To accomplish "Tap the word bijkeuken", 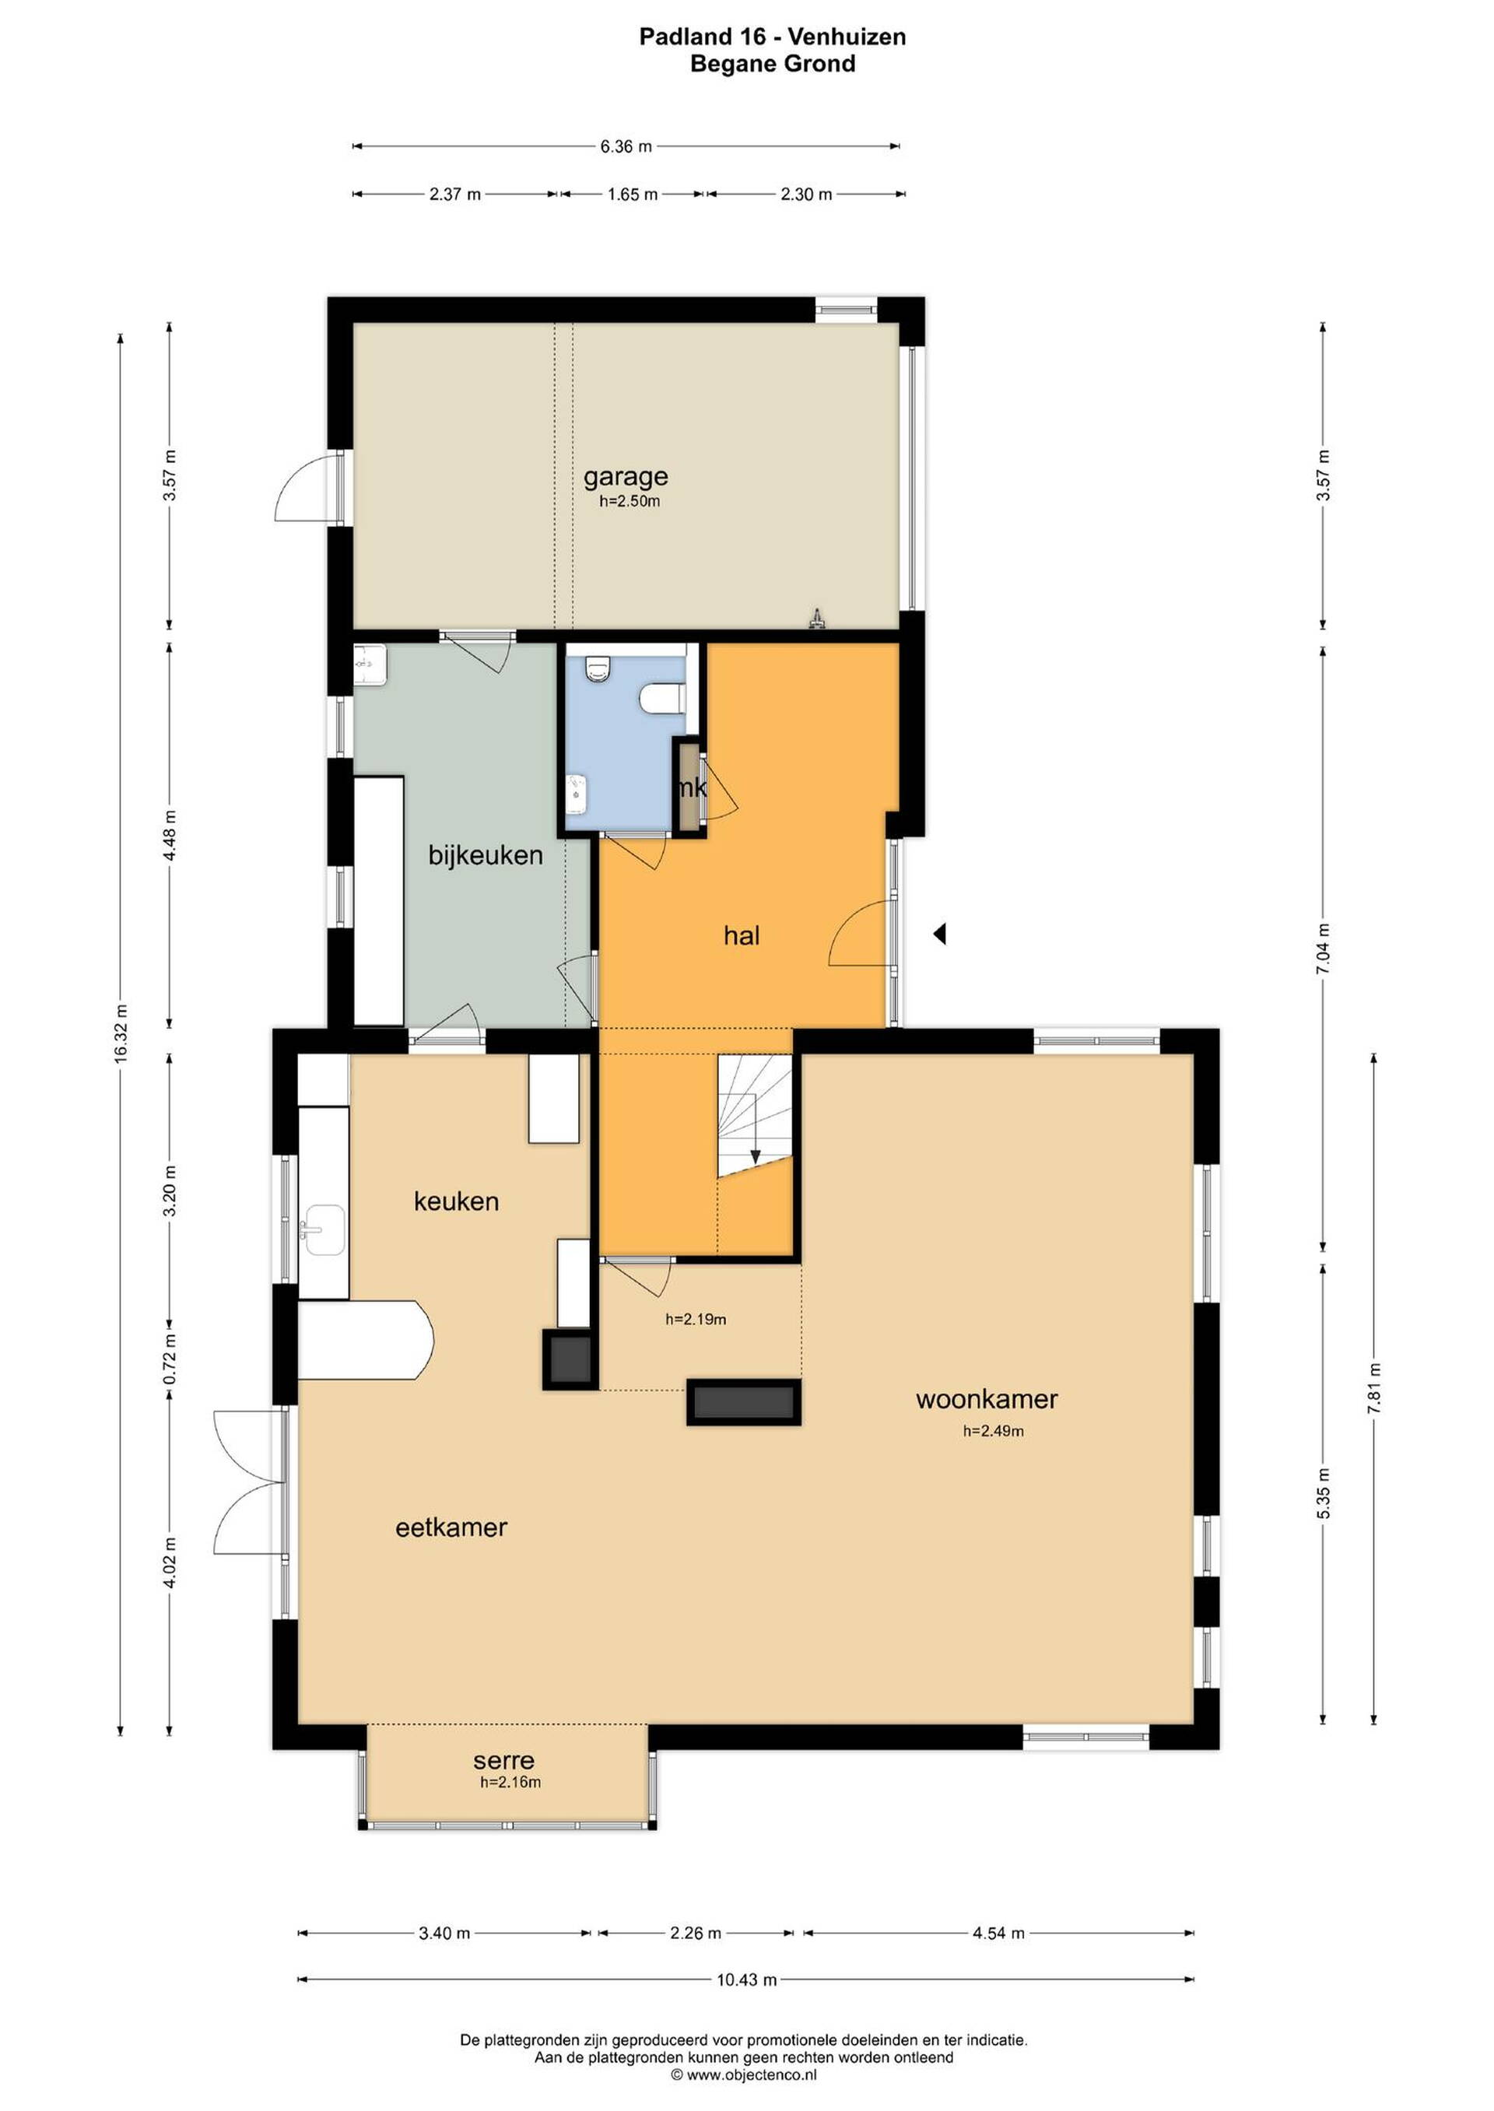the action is tap(486, 855).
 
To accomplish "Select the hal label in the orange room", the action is tap(742, 936).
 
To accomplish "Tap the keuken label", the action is tap(456, 1201).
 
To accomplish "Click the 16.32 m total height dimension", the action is tap(121, 1033).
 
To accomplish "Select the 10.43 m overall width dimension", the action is tap(747, 1980).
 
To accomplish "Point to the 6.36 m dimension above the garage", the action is tap(626, 146).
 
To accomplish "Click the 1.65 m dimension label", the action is tap(633, 194).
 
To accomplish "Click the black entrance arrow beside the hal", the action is tap(939, 935).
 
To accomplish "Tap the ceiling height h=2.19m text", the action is tap(696, 1319).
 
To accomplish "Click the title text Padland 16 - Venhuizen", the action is tap(773, 37).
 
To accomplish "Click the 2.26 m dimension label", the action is tap(696, 1933).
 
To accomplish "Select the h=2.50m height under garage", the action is tap(630, 501).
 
